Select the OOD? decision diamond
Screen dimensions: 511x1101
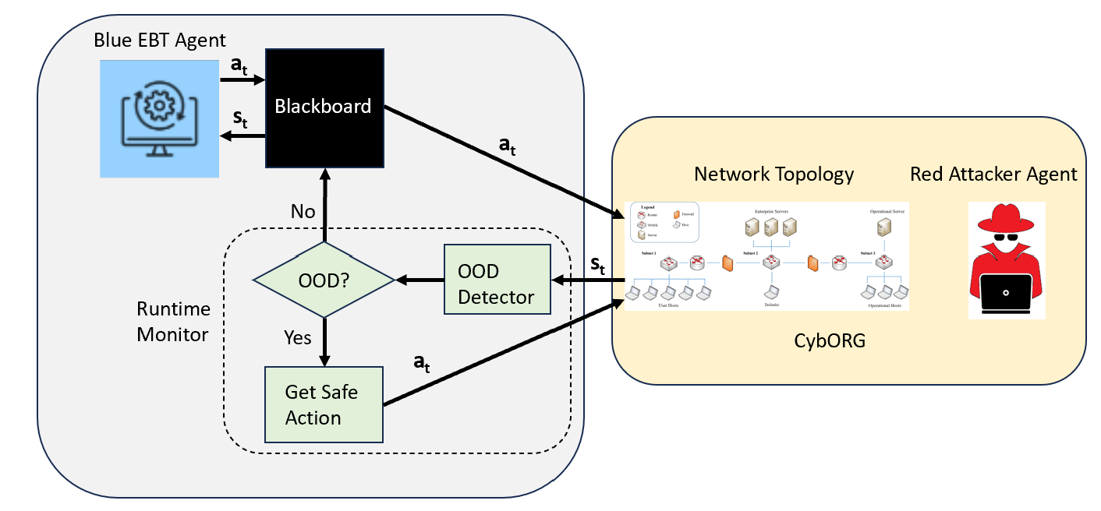point(324,279)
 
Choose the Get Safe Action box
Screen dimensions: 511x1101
point(324,404)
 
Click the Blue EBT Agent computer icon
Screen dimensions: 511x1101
point(160,118)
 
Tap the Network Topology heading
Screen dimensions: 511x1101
point(774,174)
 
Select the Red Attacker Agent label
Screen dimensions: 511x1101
point(993,174)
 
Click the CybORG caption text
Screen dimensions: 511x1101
point(830,341)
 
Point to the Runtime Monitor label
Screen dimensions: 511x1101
point(173,322)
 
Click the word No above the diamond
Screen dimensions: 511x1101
point(303,211)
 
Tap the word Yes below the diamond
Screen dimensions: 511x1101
point(296,337)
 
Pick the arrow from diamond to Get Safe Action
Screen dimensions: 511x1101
point(324,340)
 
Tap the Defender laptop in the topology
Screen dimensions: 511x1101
point(771,292)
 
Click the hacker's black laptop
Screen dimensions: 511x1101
point(1006,295)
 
